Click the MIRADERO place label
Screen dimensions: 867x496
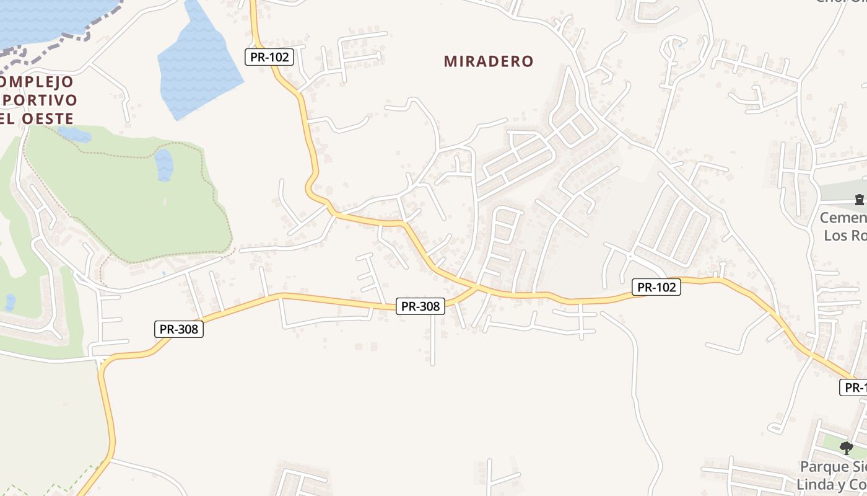click(489, 61)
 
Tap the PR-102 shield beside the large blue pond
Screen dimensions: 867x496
click(269, 57)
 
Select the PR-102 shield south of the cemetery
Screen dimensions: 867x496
click(656, 287)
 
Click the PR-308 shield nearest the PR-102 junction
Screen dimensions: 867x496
click(420, 306)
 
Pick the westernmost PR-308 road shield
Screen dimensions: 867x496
click(178, 329)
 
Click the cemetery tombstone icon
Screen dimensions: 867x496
click(859, 200)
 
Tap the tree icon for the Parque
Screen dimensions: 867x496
click(846, 448)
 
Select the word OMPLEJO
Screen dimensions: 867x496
click(38, 81)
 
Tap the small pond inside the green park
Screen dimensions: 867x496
click(163, 164)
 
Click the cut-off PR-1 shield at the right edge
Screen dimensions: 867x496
click(854, 387)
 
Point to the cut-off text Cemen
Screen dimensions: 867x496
click(843, 218)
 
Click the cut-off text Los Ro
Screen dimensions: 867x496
click(845, 236)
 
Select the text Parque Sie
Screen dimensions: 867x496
click(833, 466)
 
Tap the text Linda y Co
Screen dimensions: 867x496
click(832, 484)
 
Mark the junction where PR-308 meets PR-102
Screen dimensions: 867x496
click(477, 288)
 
